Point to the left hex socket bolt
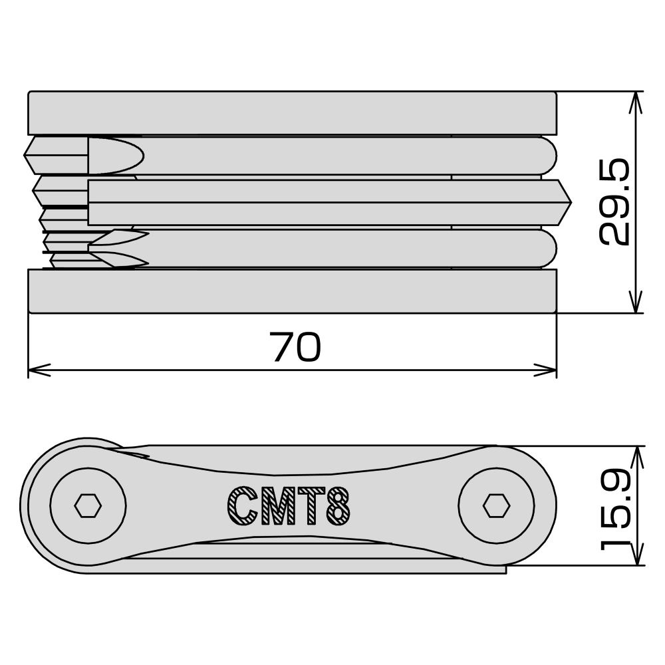pos(88,506)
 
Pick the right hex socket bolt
pos(496,506)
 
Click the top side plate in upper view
pos(292,113)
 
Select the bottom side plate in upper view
pos(292,291)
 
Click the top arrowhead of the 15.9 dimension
pos(637,454)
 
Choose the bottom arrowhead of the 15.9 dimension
pos(637,557)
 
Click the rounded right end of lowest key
pos(549,248)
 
